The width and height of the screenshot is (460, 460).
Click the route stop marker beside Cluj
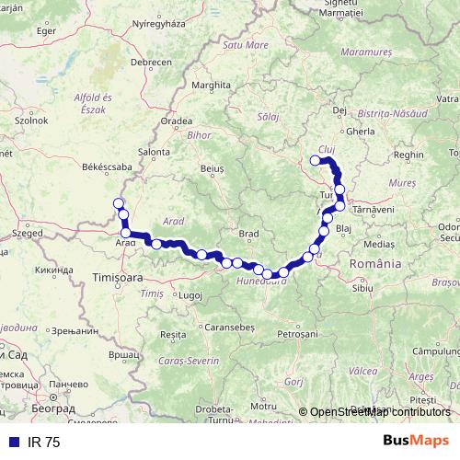[x=316, y=161]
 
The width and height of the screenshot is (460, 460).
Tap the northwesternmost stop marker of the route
[x=117, y=203]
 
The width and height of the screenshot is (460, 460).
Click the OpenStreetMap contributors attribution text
[x=380, y=412]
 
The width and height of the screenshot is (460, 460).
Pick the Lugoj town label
[x=190, y=295]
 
